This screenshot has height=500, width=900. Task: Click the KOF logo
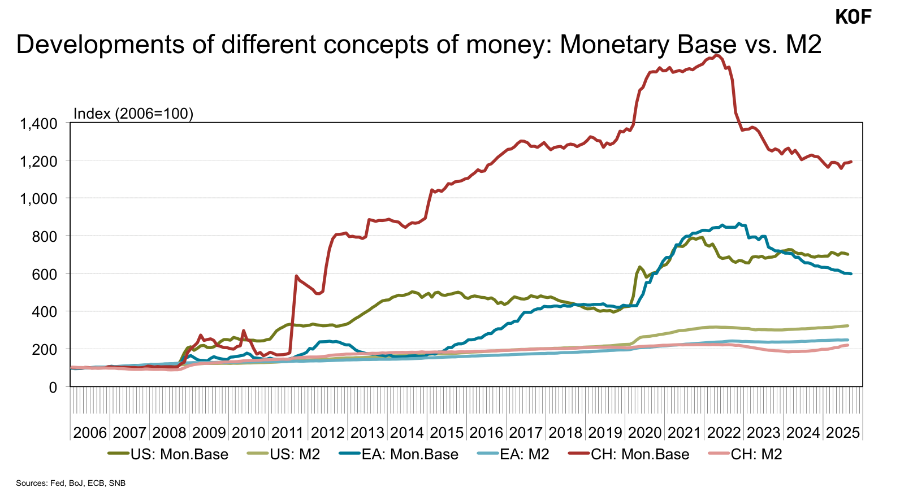853,17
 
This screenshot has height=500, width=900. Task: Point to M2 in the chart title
803,44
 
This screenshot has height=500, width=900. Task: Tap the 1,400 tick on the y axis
39,123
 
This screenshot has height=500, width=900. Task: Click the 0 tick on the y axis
53,388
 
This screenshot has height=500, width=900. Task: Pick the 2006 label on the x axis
90,433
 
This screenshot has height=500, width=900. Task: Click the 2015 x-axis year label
447,433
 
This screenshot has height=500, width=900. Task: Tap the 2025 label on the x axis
843,433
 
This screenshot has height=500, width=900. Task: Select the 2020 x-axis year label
644,433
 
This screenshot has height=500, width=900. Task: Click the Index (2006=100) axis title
133,114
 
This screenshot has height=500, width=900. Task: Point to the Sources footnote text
71,483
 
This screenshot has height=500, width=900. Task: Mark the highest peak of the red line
717,55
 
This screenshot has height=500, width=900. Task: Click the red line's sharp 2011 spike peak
296,276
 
